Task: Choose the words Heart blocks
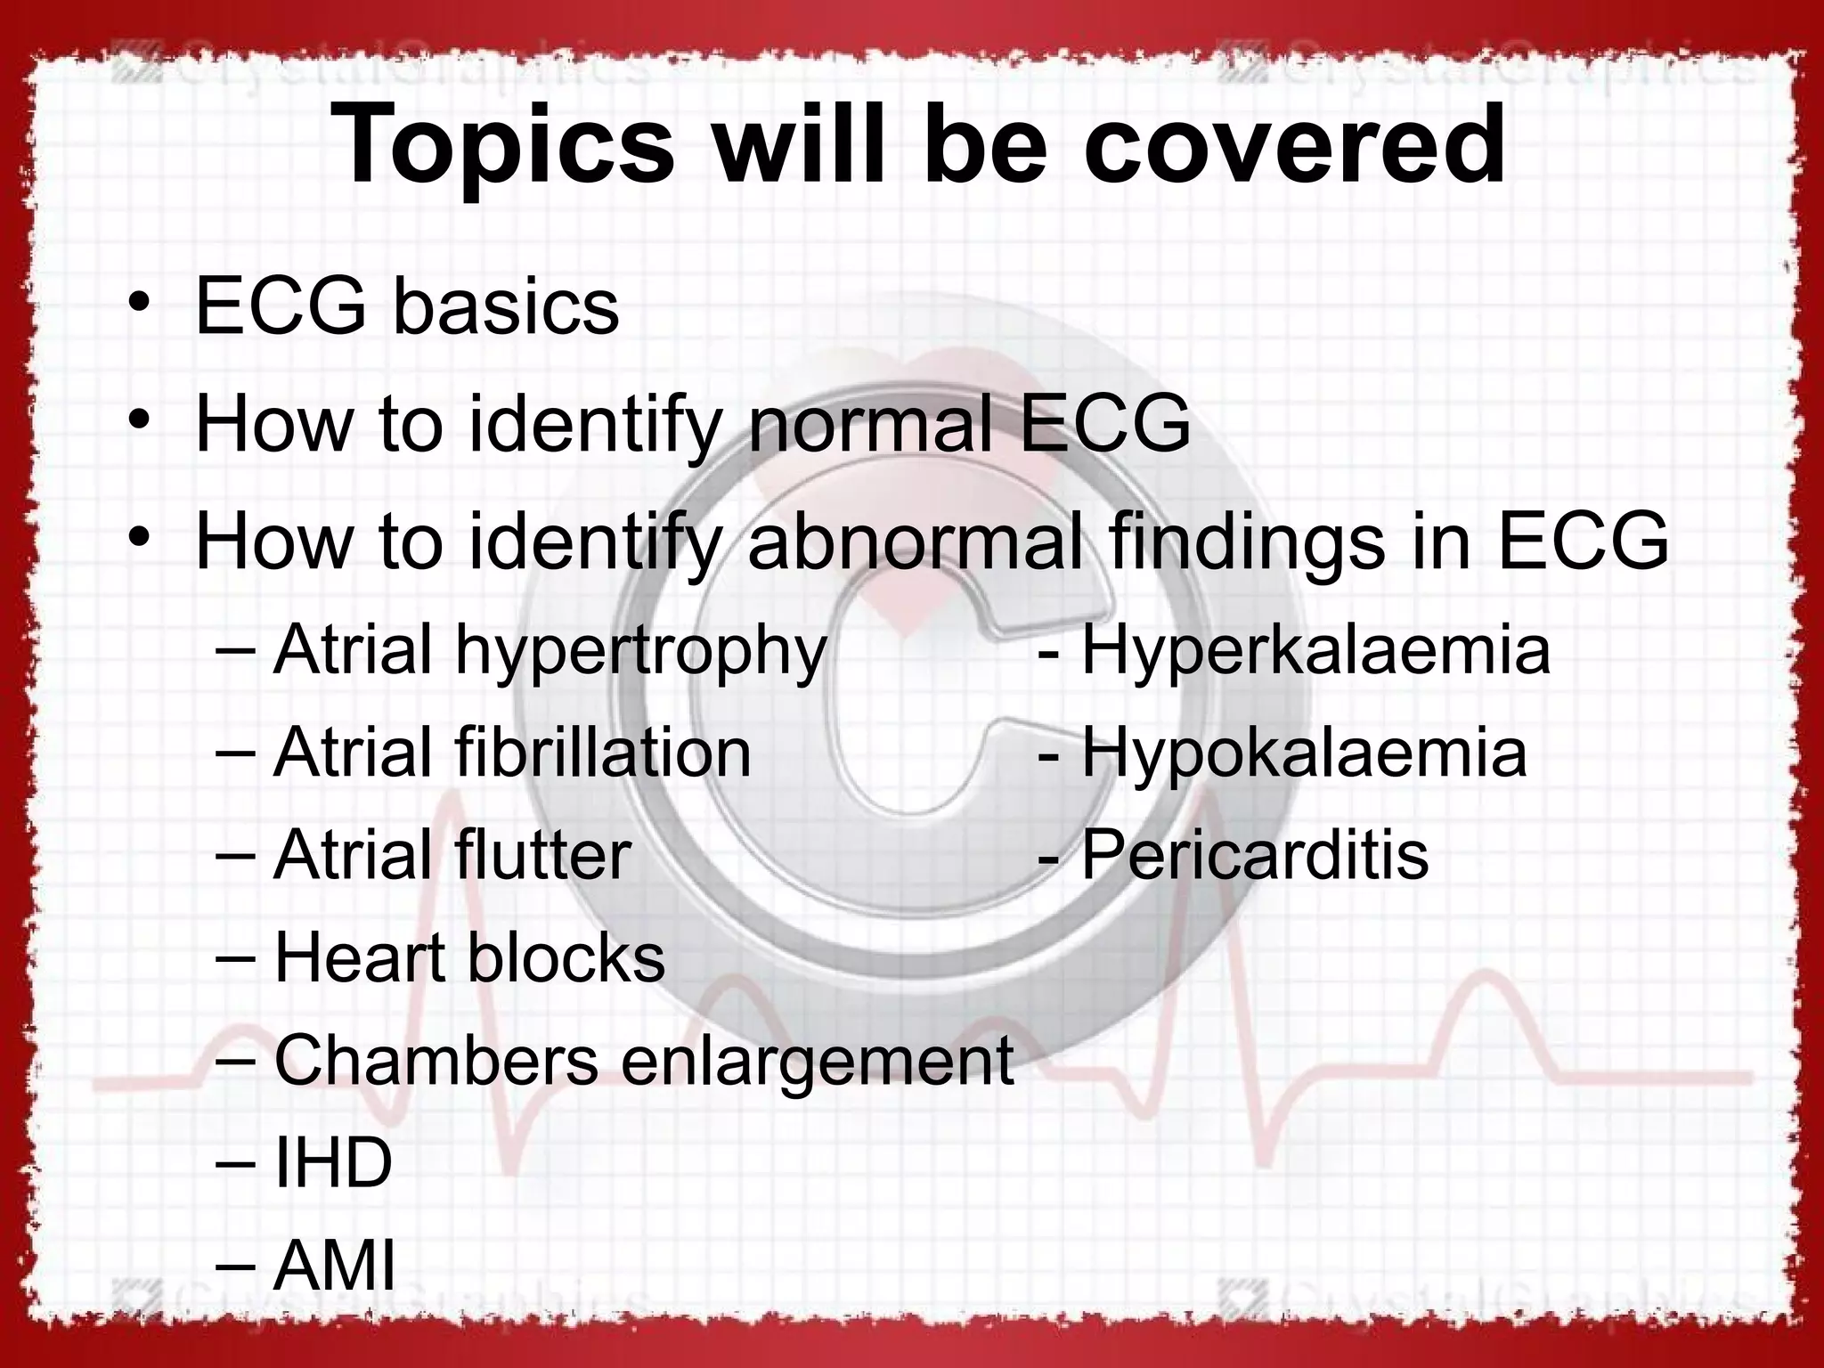(469, 958)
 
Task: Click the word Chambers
(436, 1060)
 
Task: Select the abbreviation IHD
(333, 1162)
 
